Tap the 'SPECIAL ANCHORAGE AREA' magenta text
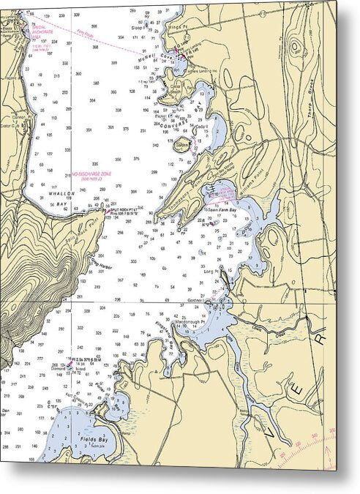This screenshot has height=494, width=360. [x=41, y=29]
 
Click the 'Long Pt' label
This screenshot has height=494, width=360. [x=211, y=272]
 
